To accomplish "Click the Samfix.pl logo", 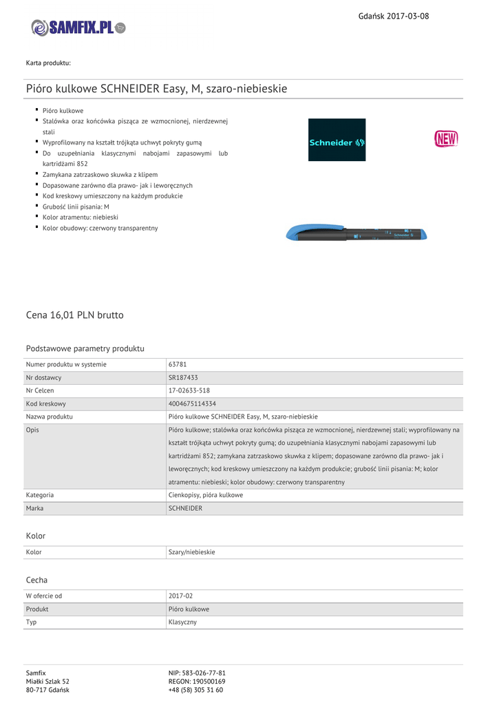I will click(x=78, y=28).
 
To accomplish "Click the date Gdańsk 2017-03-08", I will click(x=394, y=16).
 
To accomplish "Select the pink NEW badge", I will click(x=445, y=139).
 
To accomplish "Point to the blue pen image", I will click(x=357, y=233).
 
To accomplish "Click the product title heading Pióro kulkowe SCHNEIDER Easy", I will click(x=156, y=89).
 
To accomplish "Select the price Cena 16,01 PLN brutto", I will click(x=74, y=315).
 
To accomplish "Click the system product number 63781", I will click(x=178, y=364).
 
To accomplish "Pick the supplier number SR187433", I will click(x=184, y=377).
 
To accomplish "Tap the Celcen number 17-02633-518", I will click(x=189, y=390).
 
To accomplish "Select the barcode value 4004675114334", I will click(x=192, y=403).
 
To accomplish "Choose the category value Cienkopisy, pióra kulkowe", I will click(x=206, y=495).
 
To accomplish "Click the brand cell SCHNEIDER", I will click(x=186, y=508).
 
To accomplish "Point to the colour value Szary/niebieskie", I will click(x=192, y=552).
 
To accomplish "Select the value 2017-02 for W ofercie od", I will click(x=181, y=596).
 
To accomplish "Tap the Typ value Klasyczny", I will click(x=182, y=622).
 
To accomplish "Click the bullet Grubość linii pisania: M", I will click(x=76, y=207).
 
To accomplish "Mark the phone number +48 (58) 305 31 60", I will click(x=195, y=690).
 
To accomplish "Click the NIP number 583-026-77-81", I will click(x=197, y=673).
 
